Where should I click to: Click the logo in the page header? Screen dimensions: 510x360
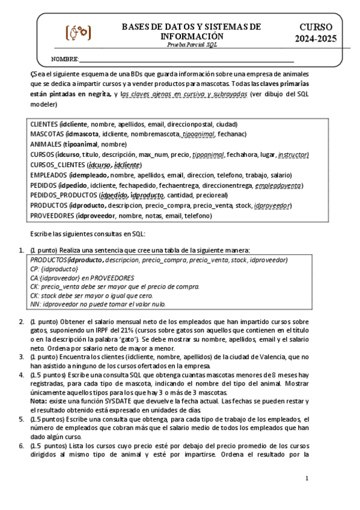click(x=78, y=32)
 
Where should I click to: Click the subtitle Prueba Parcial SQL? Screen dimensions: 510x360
click(x=191, y=45)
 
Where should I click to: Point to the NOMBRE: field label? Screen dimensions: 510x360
click(x=65, y=59)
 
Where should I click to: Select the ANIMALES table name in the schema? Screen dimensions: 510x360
click(x=46, y=144)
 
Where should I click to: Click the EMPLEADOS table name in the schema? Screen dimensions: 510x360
click(x=48, y=175)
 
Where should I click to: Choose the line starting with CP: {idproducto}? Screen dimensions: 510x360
click(x=54, y=269)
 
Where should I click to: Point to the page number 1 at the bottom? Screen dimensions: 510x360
click(x=307, y=479)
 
